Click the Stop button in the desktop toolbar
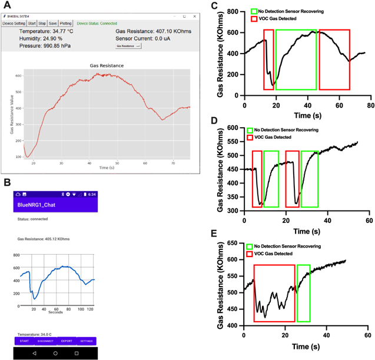(42, 23)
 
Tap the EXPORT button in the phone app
(66, 341)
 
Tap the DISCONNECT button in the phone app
(45, 341)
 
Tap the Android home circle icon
(55, 353)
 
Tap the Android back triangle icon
(34, 353)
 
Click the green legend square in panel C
(254, 11)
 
